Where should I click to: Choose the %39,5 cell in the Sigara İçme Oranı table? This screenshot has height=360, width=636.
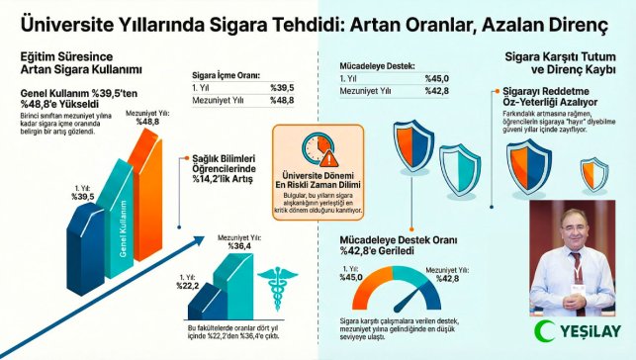click(x=285, y=87)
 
